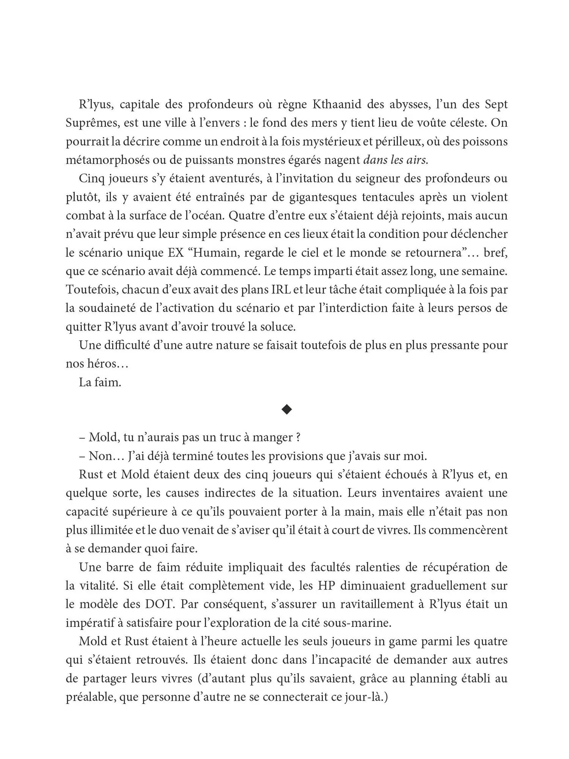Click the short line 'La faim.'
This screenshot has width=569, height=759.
pyautogui.click(x=100, y=382)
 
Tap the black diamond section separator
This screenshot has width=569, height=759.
pyautogui.click(x=286, y=409)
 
